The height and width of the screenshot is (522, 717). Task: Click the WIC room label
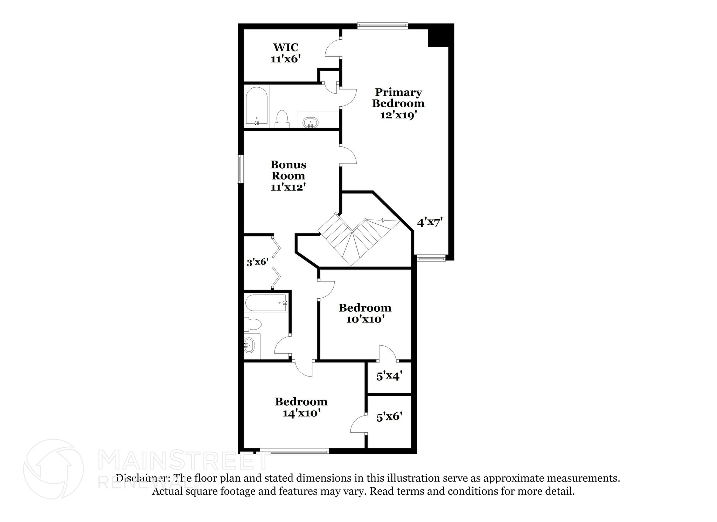[x=286, y=47]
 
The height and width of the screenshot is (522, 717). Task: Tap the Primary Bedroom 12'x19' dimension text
[x=398, y=115]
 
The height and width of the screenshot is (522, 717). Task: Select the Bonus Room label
[x=288, y=170]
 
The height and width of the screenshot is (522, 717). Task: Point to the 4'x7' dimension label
[x=430, y=222]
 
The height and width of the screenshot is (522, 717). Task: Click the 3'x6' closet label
[x=257, y=262]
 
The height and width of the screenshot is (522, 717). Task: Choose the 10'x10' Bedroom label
[x=365, y=313]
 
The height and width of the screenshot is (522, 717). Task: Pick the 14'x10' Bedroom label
[x=301, y=407]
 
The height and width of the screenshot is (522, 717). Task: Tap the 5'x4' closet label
[x=389, y=376]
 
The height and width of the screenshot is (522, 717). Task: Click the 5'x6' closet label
[x=389, y=416]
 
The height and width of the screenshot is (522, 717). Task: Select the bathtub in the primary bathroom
[x=257, y=106]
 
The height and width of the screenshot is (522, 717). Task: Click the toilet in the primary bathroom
[x=282, y=119]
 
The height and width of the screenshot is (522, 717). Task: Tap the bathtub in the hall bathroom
[x=266, y=303]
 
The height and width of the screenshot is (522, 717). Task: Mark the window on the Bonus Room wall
[x=240, y=169]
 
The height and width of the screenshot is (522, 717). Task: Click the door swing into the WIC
[x=333, y=48]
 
